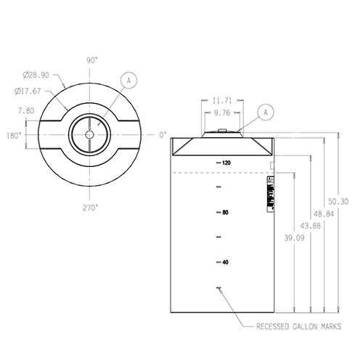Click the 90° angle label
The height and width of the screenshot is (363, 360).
[92, 61]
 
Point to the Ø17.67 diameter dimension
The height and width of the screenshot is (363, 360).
[27, 91]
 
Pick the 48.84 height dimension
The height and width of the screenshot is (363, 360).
[323, 214]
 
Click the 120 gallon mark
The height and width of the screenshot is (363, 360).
[226, 163]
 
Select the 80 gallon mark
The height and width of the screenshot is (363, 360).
[226, 213]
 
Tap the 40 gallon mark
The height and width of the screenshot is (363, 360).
[226, 261]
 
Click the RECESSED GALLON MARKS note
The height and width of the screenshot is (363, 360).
[298, 327]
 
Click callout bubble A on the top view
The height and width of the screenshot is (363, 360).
[128, 80]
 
